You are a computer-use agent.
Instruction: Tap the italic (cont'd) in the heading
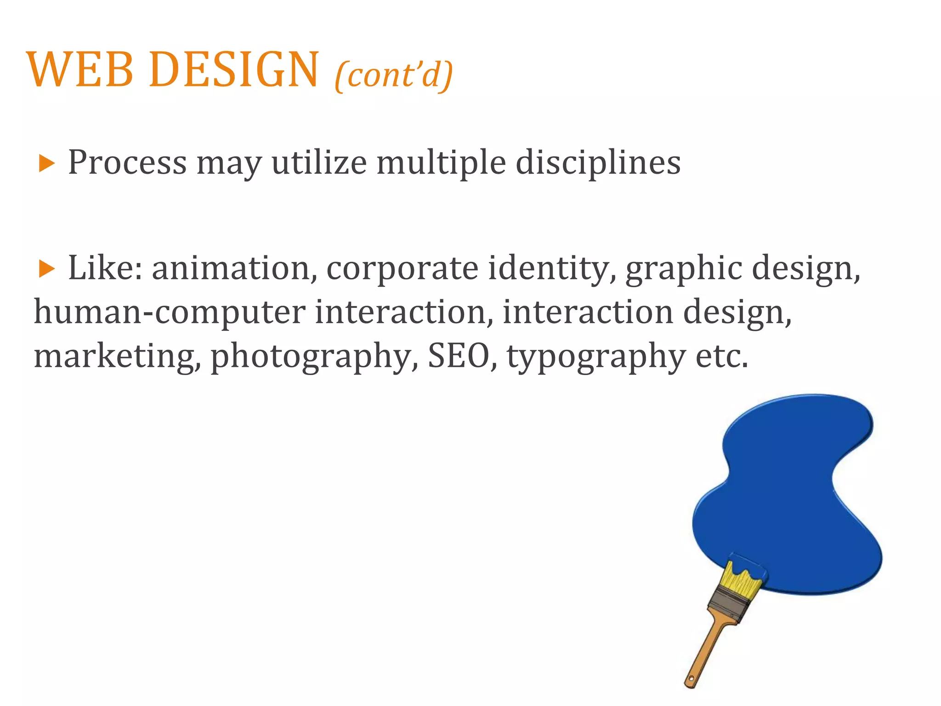pyautogui.click(x=394, y=74)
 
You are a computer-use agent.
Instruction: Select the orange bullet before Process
pyautogui.click(x=46, y=163)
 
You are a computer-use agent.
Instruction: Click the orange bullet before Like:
pyautogui.click(x=46, y=268)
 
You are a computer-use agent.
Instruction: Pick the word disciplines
pyautogui.click(x=598, y=163)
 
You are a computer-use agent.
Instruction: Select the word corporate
pyautogui.click(x=402, y=269)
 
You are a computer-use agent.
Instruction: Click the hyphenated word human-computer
pyautogui.click(x=170, y=313)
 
